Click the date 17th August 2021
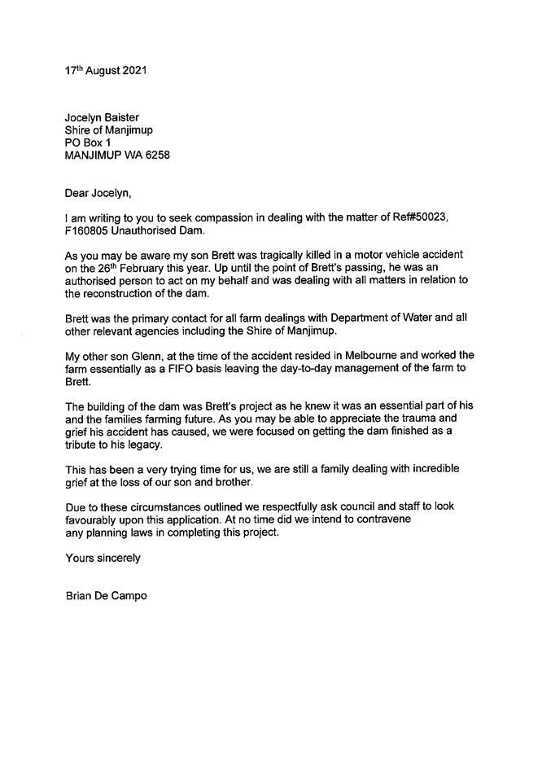point(106,71)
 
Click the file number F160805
point(86,232)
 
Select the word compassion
point(215,219)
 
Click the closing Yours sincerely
point(103,558)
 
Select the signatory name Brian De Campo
point(106,596)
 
